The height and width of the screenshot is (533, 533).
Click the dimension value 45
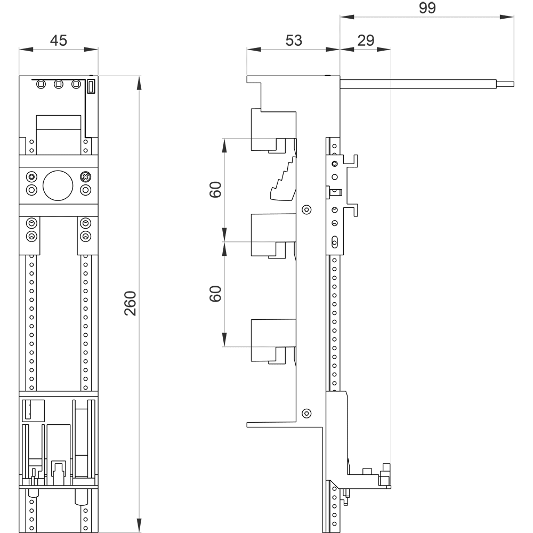pyautogui.click(x=59, y=41)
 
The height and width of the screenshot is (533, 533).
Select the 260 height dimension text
pyautogui.click(x=130, y=304)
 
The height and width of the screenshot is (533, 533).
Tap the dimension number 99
pyautogui.click(x=427, y=8)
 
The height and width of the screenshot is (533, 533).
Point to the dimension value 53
pyautogui.click(x=294, y=41)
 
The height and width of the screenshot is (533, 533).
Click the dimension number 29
pyautogui.click(x=366, y=41)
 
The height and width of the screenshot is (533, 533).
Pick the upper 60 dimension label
pyautogui.click(x=215, y=190)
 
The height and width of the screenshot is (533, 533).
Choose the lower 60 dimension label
pyautogui.click(x=215, y=294)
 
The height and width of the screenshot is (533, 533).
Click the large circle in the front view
pyautogui.click(x=58, y=185)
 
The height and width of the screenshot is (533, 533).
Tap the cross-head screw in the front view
pyautogui.click(x=85, y=177)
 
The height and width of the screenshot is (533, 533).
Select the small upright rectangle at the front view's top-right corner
pyautogui.click(x=91, y=86)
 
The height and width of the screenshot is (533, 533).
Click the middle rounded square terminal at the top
pyautogui.click(x=59, y=84)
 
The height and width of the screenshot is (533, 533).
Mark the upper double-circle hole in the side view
pyautogui.click(x=306, y=209)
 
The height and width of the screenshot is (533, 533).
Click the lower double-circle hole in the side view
pyautogui.click(x=306, y=414)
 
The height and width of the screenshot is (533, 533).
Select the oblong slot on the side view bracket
pyautogui.click(x=335, y=242)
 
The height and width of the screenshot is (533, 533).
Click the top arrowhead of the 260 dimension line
pyautogui.click(x=139, y=83)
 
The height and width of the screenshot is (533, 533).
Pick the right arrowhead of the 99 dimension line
pyautogui.click(x=507, y=17)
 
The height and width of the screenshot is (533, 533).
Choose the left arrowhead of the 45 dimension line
pyautogui.click(x=26, y=49)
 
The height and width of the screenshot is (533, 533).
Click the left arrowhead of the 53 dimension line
pyautogui.click(x=254, y=49)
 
